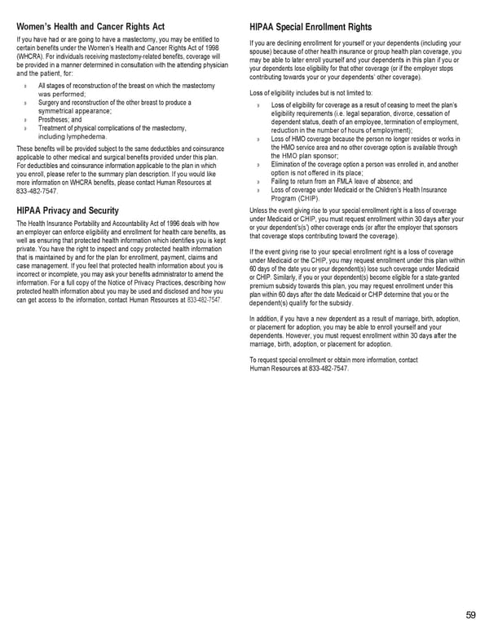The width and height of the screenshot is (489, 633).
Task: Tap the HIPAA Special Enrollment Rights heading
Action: tap(322, 27)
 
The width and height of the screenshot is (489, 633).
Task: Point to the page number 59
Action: tap(471, 615)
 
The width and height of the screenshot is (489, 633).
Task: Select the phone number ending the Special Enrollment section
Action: tap(328, 369)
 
